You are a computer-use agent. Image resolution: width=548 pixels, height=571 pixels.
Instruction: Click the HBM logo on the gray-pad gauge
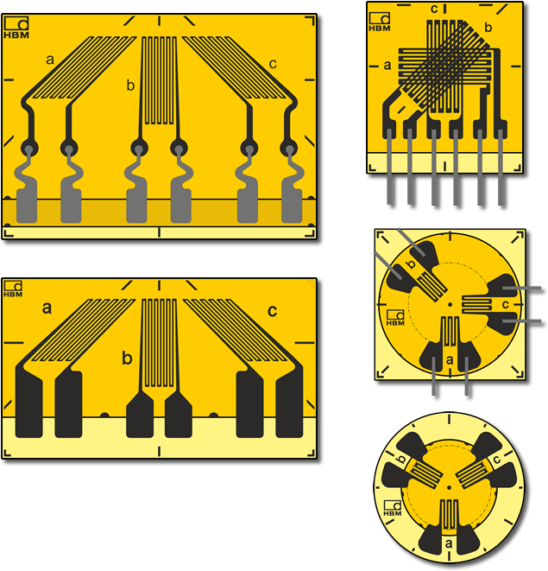(x=16, y=28)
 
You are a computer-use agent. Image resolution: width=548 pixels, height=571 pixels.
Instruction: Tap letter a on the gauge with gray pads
(x=50, y=60)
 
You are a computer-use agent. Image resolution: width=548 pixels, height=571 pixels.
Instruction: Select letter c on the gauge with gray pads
(x=273, y=64)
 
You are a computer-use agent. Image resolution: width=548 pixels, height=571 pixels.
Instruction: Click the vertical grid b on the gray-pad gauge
(x=159, y=80)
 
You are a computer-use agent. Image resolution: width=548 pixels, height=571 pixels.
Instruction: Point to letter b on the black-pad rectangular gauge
(x=127, y=358)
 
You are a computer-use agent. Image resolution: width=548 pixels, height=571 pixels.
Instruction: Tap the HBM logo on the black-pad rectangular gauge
(x=13, y=289)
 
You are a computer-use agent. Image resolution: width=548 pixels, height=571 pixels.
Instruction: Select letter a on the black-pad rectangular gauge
(x=47, y=308)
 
